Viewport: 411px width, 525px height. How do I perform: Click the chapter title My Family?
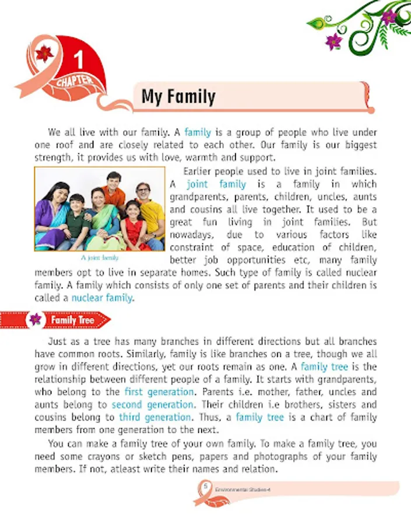click(178, 96)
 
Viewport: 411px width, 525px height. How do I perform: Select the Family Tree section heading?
click(72, 320)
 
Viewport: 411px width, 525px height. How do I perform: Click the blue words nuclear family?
click(102, 298)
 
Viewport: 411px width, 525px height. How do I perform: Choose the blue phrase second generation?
click(152, 404)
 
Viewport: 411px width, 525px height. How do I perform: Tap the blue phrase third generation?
click(154, 417)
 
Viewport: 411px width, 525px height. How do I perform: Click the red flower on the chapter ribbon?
click(44, 53)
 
